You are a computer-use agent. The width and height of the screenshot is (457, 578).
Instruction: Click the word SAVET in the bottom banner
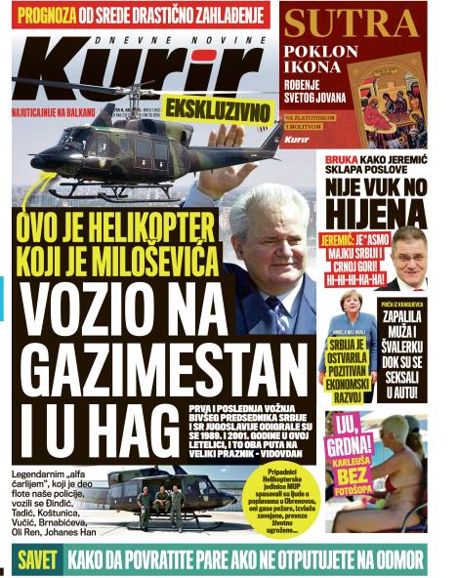pyautogui.click(x=40, y=560)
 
